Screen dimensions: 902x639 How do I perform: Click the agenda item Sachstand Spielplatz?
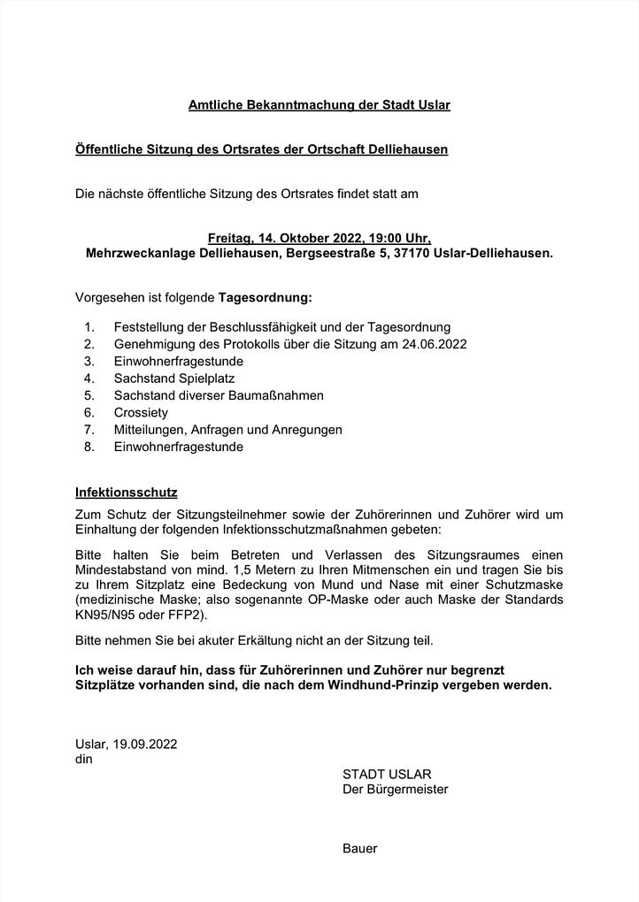[174, 378]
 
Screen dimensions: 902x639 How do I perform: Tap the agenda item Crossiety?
[141, 413]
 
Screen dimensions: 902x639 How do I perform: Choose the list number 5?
[89, 395]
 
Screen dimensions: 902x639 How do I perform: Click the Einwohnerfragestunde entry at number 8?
[179, 447]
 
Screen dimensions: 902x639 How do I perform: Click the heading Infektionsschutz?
[127, 491]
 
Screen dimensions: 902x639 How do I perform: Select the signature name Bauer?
[359, 848]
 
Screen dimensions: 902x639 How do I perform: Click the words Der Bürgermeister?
[395, 789]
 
